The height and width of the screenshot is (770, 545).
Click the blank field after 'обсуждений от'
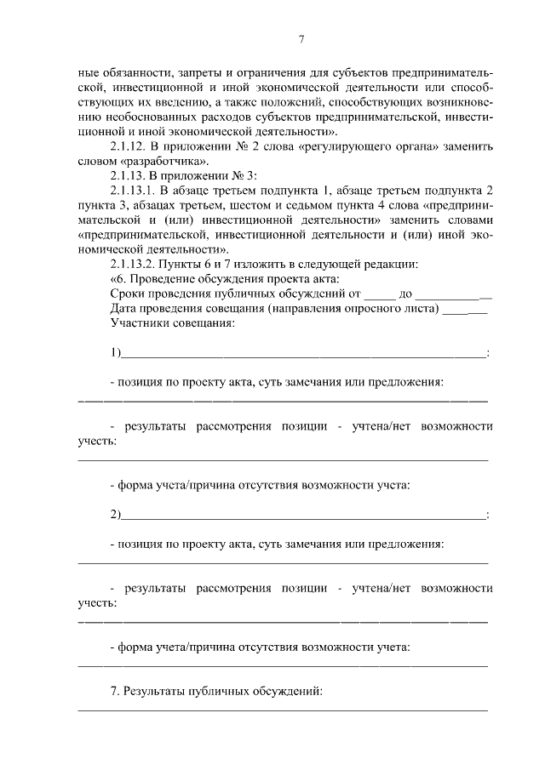click(381, 294)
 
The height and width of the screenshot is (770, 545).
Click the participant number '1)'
click(116, 353)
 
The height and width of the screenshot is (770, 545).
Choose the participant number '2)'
click(116, 515)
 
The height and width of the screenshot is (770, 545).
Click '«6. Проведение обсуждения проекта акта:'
click(225, 279)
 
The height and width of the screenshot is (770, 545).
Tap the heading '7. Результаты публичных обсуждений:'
click(216, 692)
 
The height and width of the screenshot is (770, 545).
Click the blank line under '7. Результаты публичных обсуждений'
click(283, 710)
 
